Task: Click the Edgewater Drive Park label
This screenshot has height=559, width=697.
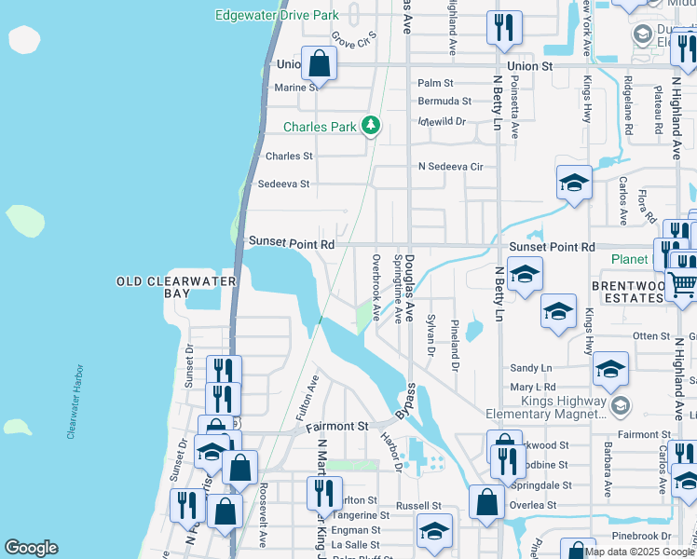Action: click(276, 16)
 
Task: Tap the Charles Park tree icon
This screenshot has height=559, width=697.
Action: click(371, 126)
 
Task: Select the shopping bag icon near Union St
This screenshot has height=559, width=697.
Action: click(319, 64)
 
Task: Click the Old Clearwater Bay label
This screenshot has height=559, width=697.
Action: click(178, 287)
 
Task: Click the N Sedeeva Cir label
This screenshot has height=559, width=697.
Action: click(451, 167)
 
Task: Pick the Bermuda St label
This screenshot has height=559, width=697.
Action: click(444, 101)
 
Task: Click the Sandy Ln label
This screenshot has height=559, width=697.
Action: click(532, 368)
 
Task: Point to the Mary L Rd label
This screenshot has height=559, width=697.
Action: click(532, 387)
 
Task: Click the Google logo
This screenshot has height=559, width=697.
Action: click(31, 548)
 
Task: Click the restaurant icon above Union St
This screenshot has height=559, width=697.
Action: click(504, 29)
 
